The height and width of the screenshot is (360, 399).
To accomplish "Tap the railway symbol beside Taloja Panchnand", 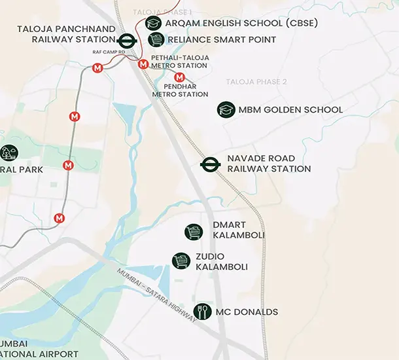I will tap(127, 39).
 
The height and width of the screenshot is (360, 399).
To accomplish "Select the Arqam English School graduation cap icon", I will tap(154, 23).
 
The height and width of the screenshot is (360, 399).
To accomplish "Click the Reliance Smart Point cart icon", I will tap(156, 40).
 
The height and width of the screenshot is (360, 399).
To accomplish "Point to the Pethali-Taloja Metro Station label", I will tap(180, 62).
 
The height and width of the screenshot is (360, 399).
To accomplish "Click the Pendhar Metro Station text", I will tap(180, 90).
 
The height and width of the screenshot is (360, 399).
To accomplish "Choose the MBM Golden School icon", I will tap(226, 109).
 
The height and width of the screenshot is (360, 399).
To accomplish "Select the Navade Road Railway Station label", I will tap(269, 164).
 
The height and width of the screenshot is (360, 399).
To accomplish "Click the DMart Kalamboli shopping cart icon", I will tap(194, 231).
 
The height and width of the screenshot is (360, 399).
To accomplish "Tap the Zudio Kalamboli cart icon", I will tap(181, 261).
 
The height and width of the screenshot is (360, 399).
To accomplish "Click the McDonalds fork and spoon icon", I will tap(203, 312).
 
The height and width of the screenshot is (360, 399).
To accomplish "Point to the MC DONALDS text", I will tap(247, 312).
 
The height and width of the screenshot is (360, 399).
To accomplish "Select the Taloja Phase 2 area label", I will tap(256, 82).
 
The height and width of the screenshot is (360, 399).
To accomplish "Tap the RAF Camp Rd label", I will tap(108, 51).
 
